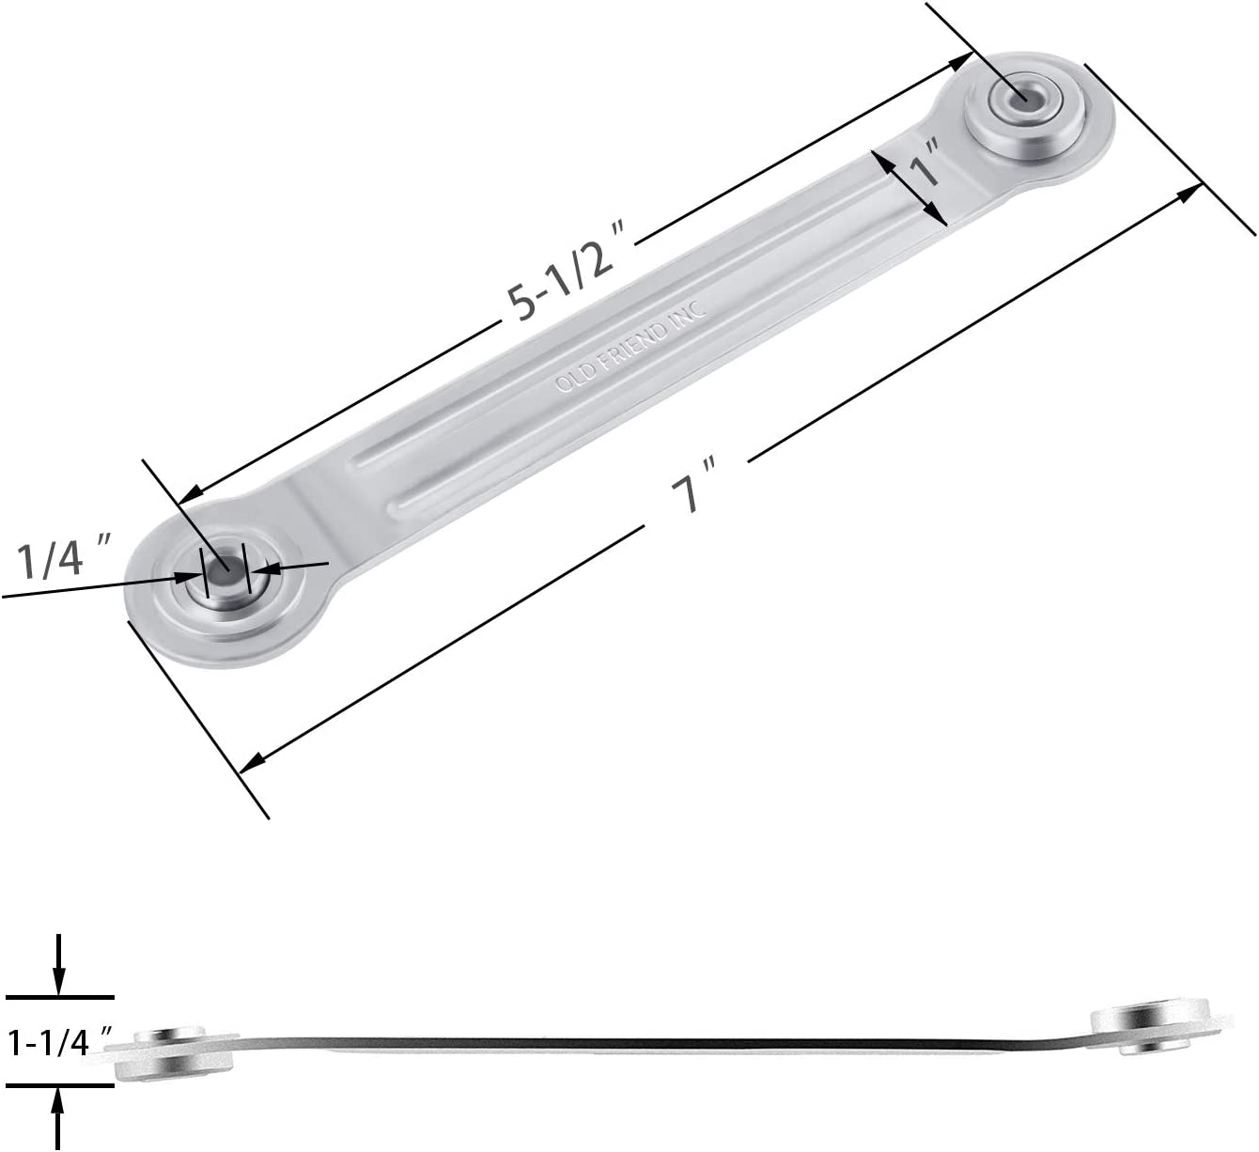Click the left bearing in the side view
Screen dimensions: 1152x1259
(175, 1052)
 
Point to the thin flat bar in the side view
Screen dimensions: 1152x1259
(658, 1043)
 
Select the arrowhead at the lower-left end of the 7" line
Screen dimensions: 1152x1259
(252, 763)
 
